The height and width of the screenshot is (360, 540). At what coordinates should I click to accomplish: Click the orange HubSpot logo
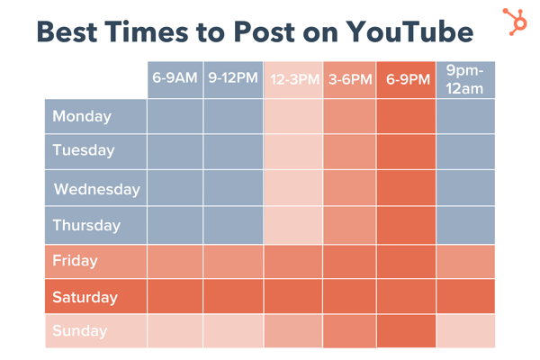515,20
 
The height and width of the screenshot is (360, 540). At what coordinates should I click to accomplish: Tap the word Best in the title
74,32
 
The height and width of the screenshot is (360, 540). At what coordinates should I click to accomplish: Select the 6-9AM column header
175,79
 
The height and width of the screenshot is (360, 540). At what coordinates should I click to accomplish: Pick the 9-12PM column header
233,79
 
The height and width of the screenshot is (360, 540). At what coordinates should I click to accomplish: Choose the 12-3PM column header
292,79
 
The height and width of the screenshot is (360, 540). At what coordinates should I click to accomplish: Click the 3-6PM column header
350,79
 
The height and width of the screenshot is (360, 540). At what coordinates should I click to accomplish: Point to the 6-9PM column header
407,79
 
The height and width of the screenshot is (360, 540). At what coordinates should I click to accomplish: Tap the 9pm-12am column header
465,79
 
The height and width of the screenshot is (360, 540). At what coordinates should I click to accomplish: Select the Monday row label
82,116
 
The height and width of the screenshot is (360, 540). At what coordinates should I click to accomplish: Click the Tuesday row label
84,150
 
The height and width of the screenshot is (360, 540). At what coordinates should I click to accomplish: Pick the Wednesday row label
96,189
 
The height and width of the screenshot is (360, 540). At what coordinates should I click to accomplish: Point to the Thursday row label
86,225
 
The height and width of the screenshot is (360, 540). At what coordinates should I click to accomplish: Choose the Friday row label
75,261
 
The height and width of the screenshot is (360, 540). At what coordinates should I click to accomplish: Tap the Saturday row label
85,297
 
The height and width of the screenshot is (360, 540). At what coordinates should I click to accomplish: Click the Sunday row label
79,331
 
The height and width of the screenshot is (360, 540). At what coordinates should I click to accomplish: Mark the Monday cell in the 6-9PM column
407,116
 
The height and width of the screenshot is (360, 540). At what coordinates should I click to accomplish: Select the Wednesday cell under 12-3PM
292,189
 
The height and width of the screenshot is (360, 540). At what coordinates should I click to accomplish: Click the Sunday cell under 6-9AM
175,331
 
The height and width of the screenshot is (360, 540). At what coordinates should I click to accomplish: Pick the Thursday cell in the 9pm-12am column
465,225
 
